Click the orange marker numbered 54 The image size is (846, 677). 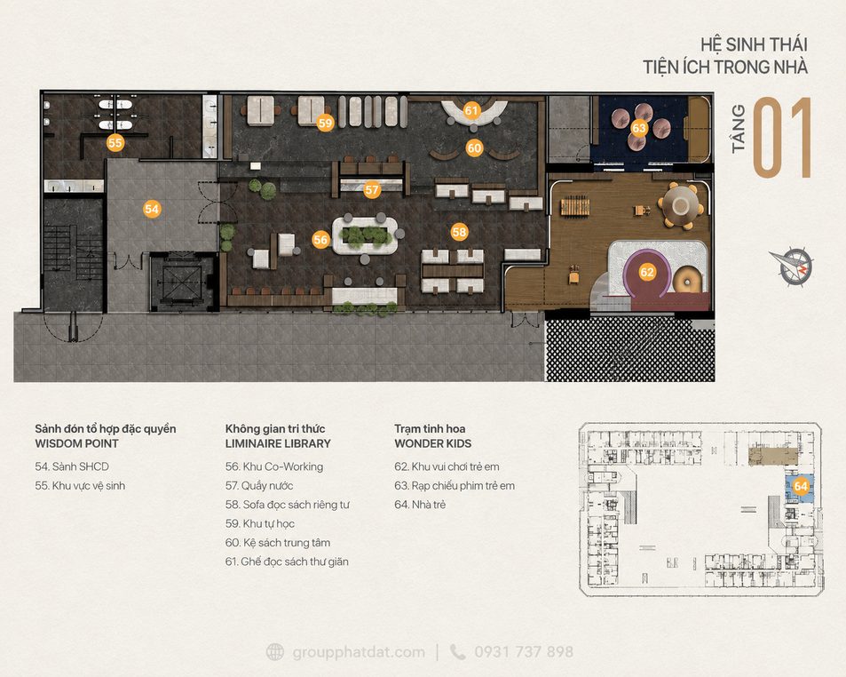152,209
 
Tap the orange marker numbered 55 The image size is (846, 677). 115,142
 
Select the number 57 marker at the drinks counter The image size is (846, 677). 372,189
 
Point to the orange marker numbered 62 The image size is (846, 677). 647,272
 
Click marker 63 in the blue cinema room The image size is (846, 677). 639,128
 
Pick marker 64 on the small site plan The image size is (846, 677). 801,486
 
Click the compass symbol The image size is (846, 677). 792,267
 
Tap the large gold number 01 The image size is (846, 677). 782,137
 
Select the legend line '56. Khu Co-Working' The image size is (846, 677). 274,466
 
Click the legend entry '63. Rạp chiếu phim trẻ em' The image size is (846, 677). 455,485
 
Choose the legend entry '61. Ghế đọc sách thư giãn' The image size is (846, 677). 287,562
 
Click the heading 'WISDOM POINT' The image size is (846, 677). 76,443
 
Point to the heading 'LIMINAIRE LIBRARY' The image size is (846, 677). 278,443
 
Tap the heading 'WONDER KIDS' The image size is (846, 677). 432,443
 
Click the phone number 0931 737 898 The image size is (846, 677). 524,651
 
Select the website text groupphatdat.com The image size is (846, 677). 359,652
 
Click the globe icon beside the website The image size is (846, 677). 275,651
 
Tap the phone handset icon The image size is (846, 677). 457,652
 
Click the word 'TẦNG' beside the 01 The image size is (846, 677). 738,129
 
